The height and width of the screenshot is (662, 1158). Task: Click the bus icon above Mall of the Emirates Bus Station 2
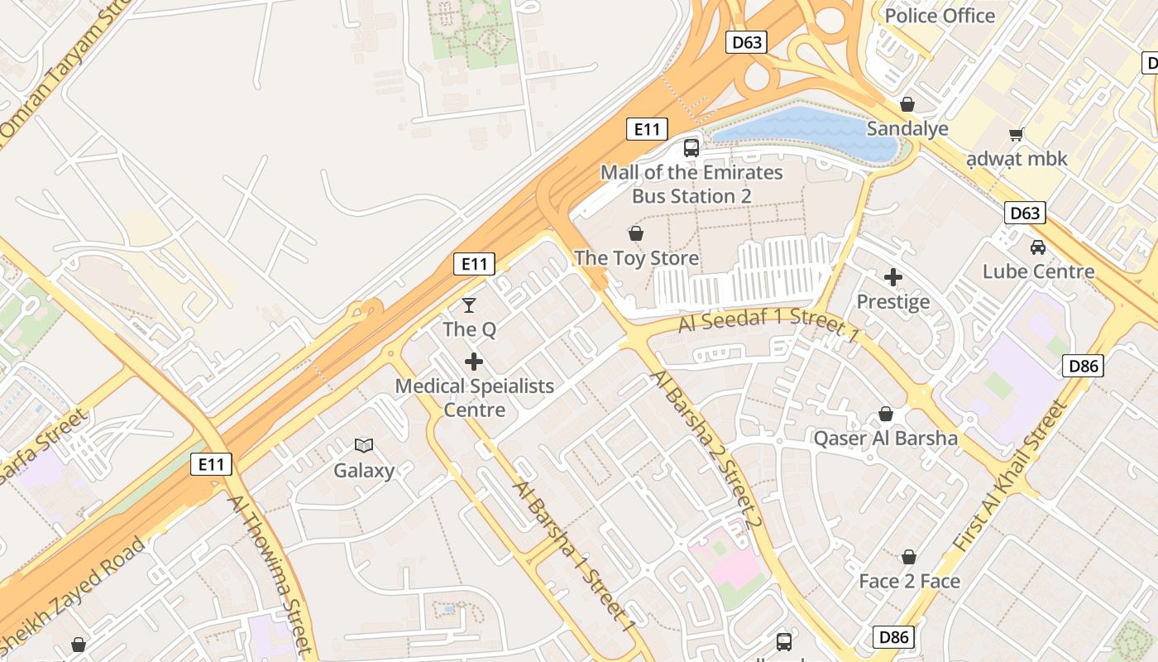pos(691,148)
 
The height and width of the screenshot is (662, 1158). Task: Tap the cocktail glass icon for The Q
pos(469,305)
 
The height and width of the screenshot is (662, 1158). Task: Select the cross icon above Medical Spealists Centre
pos(474,362)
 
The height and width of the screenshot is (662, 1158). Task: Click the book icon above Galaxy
pos(364,445)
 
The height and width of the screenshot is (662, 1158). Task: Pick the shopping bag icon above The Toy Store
pos(636,233)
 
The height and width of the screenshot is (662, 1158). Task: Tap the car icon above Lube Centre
pos(1037,247)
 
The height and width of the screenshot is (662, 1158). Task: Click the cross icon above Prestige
pos(892,277)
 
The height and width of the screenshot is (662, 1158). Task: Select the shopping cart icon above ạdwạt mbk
pos(1017,134)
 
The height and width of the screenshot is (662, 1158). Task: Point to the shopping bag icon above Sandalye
pos(907,104)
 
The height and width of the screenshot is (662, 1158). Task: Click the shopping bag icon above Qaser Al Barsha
pos(886,414)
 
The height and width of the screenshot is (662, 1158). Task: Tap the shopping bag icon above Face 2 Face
pos(909,557)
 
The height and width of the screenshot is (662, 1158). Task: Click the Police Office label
pos(940,16)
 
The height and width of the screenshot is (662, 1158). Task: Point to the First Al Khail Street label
pos(1012,477)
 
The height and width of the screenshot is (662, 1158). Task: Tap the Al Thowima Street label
pos(270,574)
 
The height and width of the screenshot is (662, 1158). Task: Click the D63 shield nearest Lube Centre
pos(1025,213)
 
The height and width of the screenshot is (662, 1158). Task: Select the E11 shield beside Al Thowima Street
pos(211,464)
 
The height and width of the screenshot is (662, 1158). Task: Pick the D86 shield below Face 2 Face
pos(894,637)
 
